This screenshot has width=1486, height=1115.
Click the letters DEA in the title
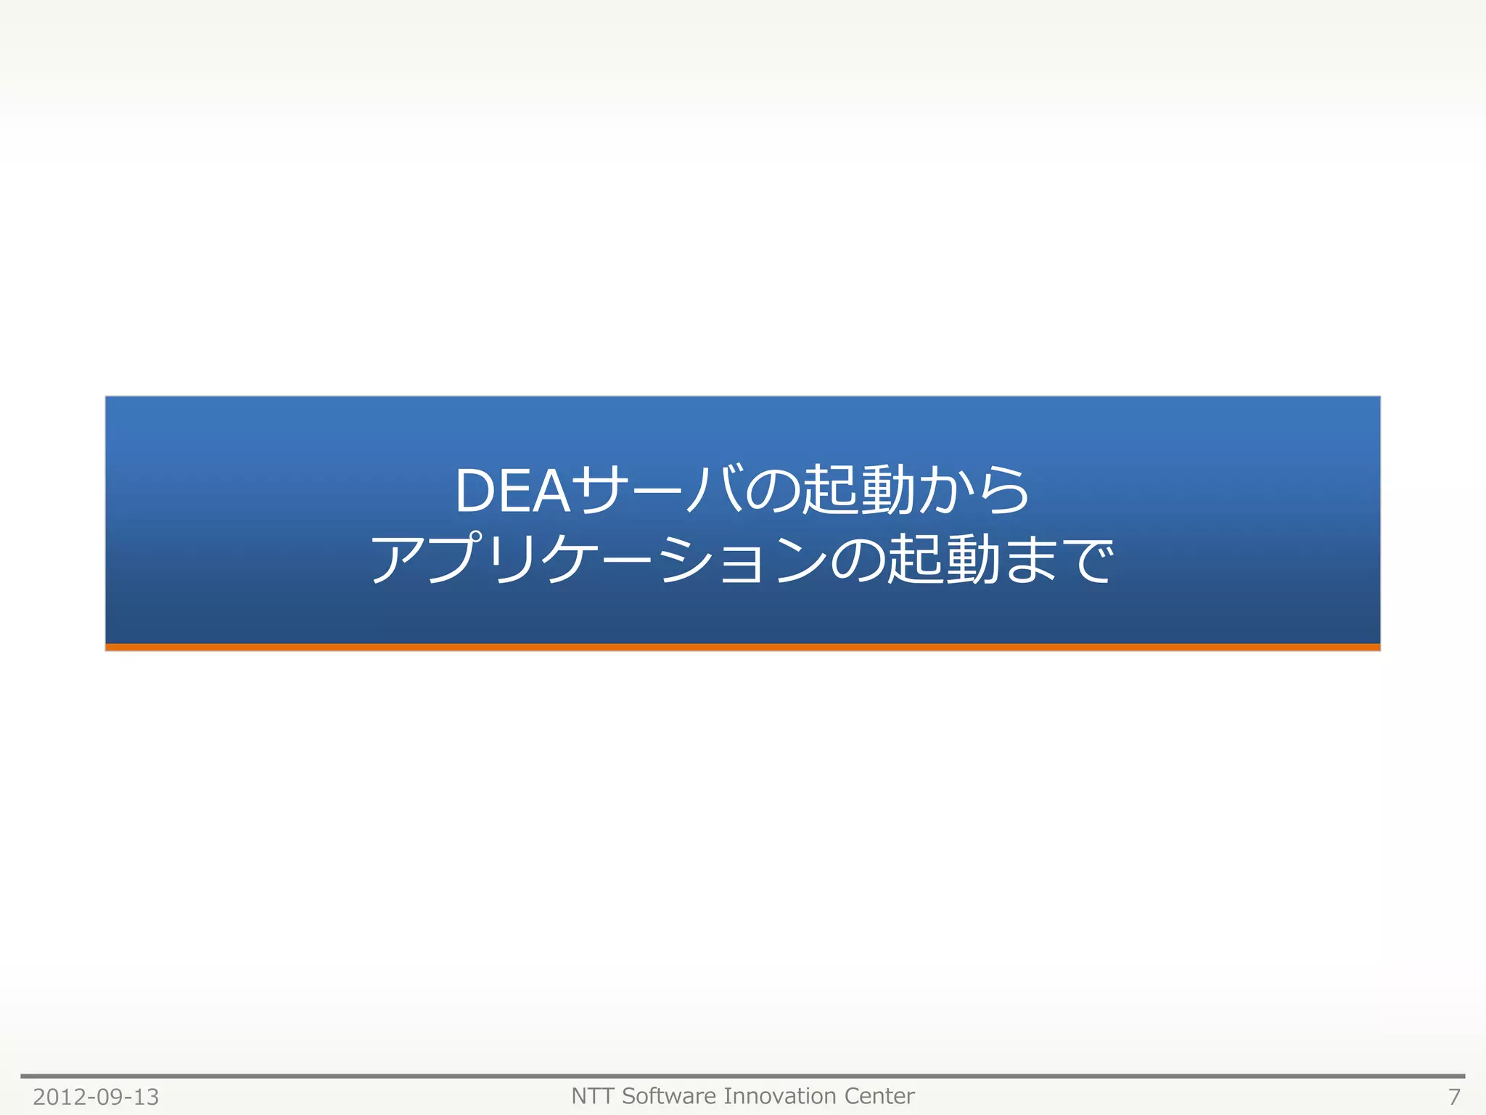pyautogui.click(x=512, y=491)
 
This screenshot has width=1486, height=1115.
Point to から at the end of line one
pyautogui.click(x=973, y=491)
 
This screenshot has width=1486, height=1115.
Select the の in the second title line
pyautogui.click(x=857, y=560)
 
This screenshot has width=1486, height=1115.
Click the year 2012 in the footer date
pyautogui.click(x=59, y=1097)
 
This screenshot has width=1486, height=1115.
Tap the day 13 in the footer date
pyautogui.click(x=145, y=1097)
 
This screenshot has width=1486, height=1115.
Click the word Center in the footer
pyautogui.click(x=879, y=1095)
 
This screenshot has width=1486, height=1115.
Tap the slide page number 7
pyautogui.click(x=1453, y=1097)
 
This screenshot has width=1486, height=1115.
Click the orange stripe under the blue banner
pyautogui.click(x=743, y=647)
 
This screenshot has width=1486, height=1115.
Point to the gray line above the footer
pyautogui.click(x=743, y=1076)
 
